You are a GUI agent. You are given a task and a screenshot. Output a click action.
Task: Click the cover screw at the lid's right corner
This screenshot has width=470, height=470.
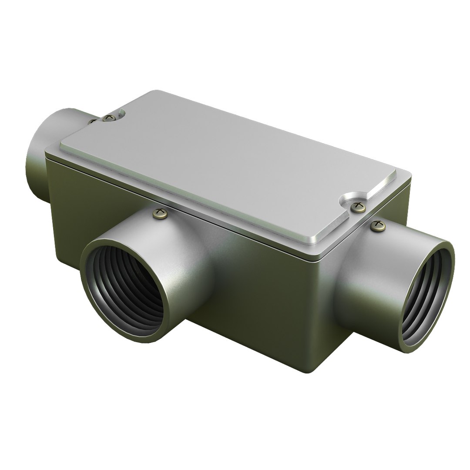click(x=358, y=207)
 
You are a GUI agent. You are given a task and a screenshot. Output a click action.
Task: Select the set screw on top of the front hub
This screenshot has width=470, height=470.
click(x=160, y=213)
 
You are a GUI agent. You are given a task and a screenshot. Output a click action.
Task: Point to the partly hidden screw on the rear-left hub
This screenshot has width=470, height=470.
click(x=92, y=121)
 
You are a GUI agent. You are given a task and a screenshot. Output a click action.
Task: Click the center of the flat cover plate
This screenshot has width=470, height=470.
click(x=235, y=170)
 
